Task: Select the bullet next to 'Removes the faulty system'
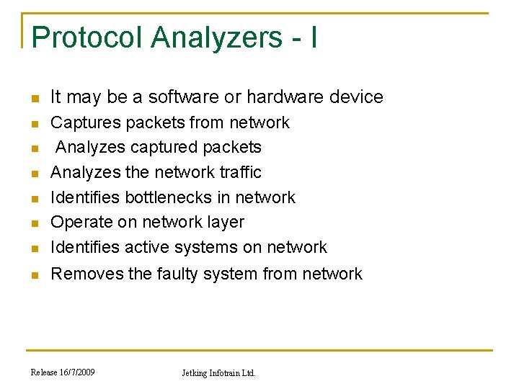[x=33, y=275]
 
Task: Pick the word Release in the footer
[x=43, y=372]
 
